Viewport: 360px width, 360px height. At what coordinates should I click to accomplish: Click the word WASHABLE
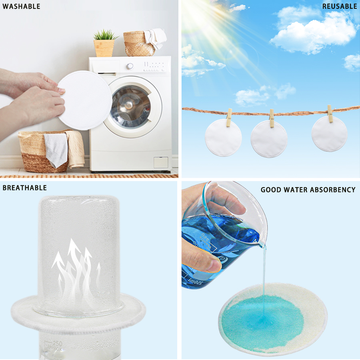21,6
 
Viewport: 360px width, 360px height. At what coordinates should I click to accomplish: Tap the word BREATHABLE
25,188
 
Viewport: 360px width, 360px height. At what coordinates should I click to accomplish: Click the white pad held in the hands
86,100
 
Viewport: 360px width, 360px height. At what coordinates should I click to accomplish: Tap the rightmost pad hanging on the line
329,134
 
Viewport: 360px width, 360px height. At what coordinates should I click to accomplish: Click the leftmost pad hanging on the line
223,137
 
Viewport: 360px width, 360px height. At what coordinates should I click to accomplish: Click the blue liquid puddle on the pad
260,320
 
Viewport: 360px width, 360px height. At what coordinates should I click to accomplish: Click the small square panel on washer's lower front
161,162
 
